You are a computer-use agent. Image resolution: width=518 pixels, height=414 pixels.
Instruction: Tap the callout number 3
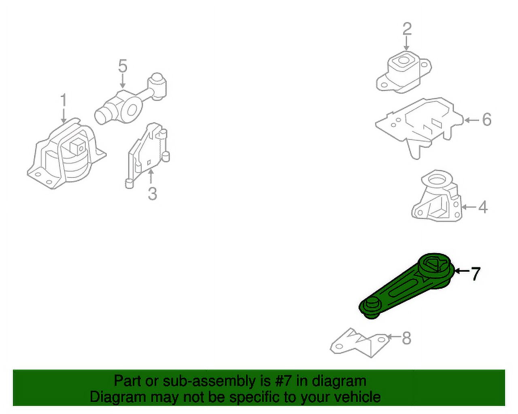point(153,194)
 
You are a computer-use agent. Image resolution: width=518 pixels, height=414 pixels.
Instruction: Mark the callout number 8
point(407,338)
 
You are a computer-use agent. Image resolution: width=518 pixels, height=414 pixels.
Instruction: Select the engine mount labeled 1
point(66,154)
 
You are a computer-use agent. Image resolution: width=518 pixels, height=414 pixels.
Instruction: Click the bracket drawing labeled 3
point(148,155)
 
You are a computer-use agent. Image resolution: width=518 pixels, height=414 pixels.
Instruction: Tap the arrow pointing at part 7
point(462,271)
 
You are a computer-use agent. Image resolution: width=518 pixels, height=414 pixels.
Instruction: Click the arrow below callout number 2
point(407,44)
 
